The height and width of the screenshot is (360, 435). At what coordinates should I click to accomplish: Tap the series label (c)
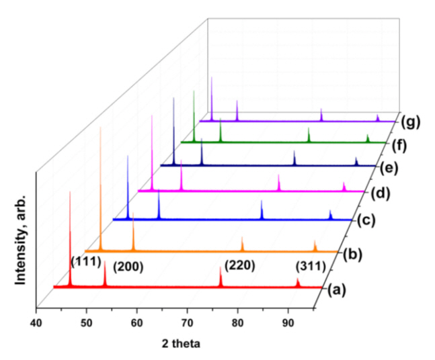pyautogui.click(x=366, y=220)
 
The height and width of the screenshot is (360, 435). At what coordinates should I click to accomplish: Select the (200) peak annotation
pyautogui.click(x=127, y=265)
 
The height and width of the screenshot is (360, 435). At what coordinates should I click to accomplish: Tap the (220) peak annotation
pyautogui.click(x=241, y=265)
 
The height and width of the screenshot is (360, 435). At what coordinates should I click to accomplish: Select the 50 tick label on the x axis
pyautogui.click(x=86, y=323)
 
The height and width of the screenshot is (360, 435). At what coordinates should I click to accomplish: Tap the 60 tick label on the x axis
pyautogui.click(x=136, y=323)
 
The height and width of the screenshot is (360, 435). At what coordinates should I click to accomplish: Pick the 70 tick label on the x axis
pyautogui.click(x=188, y=323)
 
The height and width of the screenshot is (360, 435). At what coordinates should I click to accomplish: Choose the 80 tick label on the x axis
pyautogui.click(x=238, y=323)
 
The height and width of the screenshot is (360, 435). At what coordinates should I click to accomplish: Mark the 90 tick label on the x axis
pyautogui.click(x=288, y=323)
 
